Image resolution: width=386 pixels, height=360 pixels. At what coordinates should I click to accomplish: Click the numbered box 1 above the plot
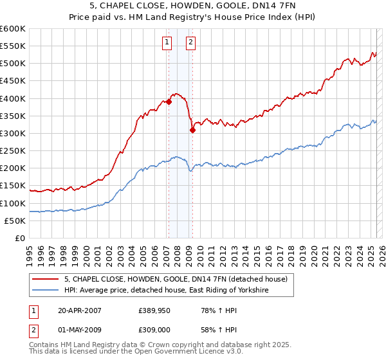click(167, 43)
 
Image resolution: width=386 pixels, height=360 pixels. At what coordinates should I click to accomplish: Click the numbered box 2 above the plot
click(192, 43)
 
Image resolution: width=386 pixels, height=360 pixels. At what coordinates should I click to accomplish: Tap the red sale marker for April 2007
click(169, 102)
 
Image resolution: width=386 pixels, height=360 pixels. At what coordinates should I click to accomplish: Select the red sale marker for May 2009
click(192, 130)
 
